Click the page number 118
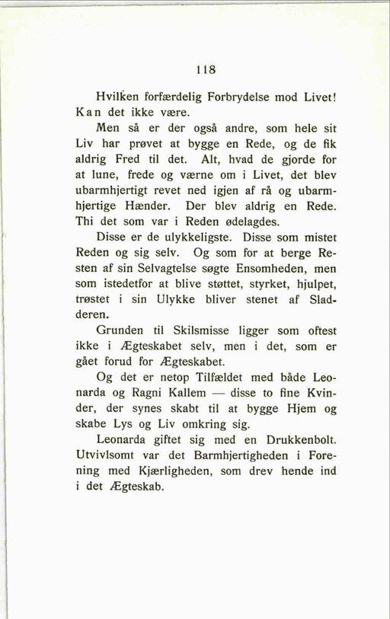[x=205, y=69]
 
